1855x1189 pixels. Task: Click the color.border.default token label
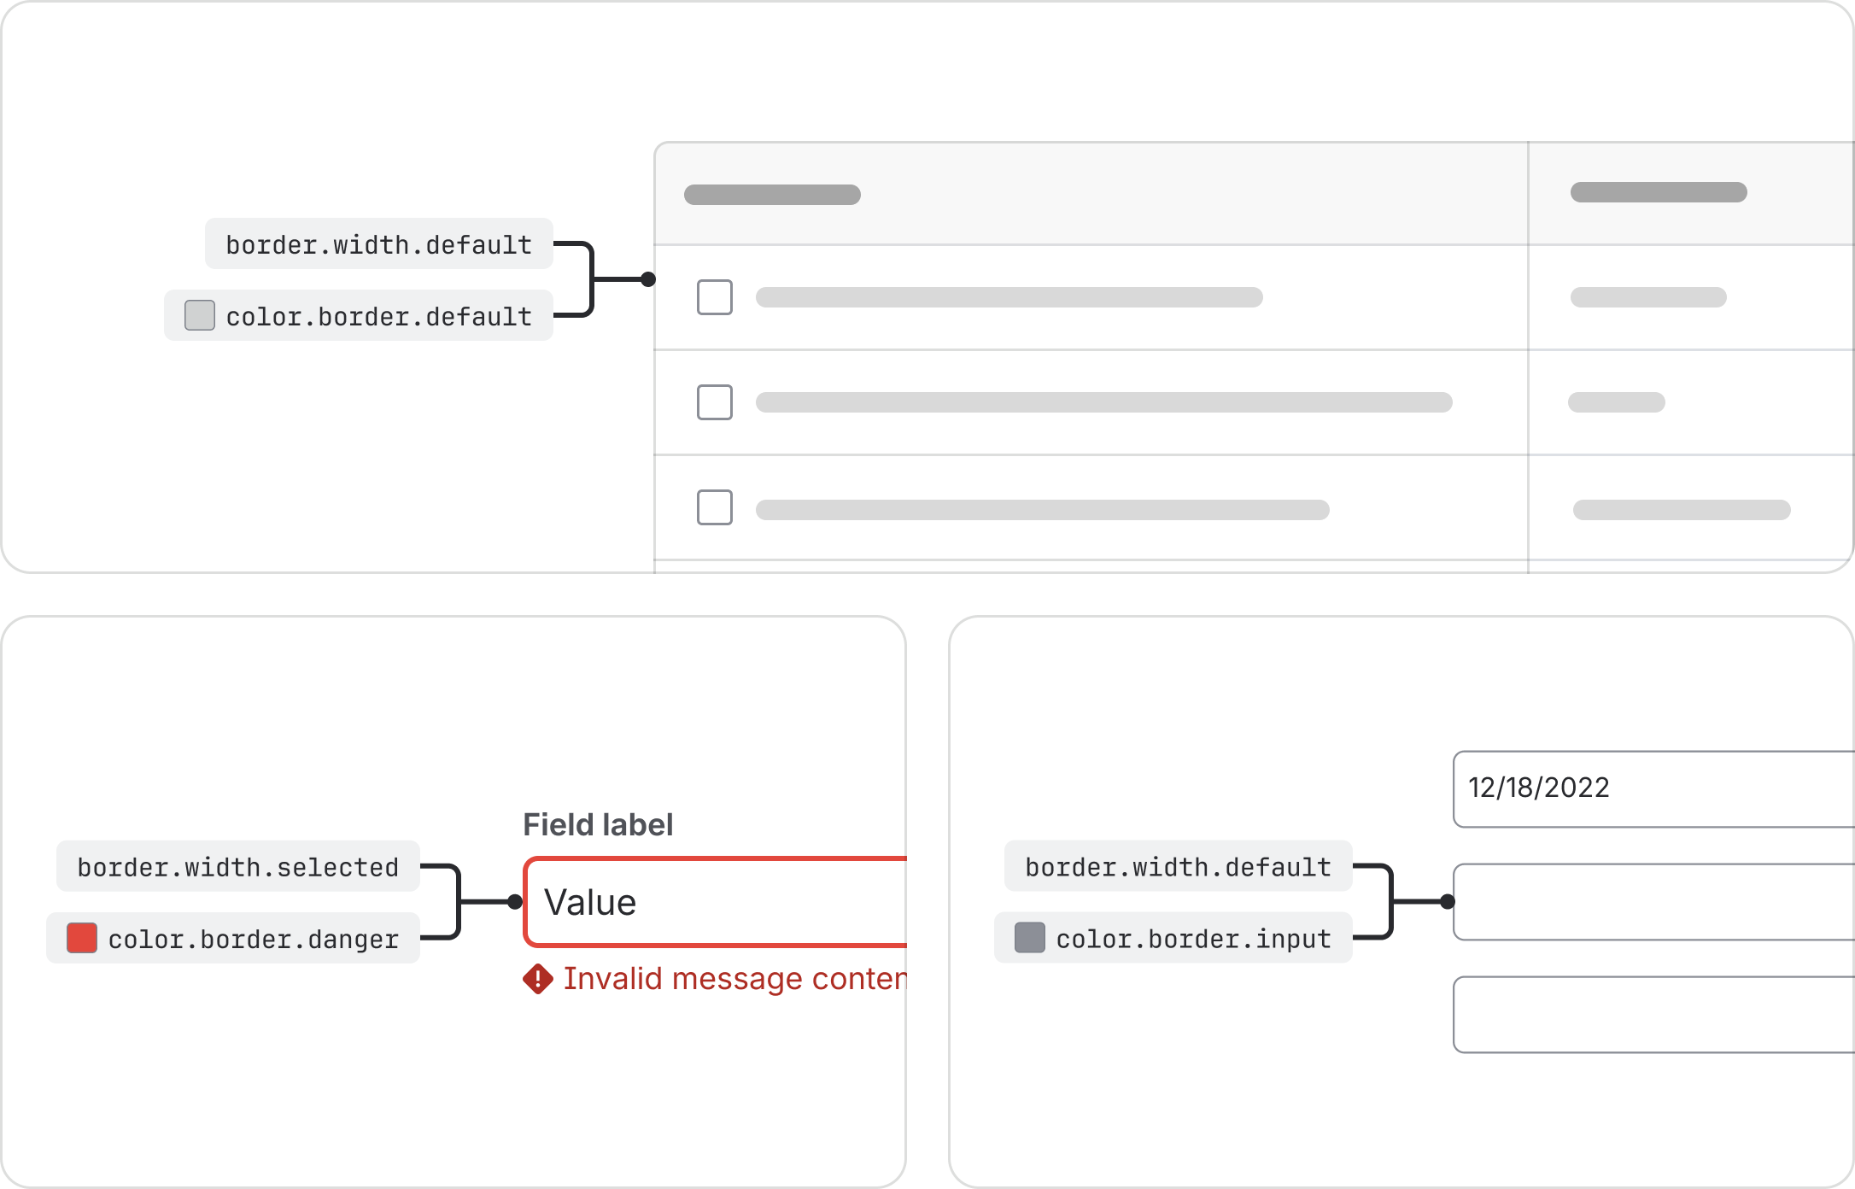(x=359, y=316)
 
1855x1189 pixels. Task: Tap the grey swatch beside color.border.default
(x=200, y=315)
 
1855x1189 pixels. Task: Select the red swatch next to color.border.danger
(x=82, y=938)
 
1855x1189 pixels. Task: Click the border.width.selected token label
(x=238, y=867)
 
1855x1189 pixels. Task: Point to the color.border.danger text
(x=254, y=939)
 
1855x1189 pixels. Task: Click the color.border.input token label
(x=1173, y=938)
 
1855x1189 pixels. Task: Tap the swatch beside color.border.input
(x=1030, y=938)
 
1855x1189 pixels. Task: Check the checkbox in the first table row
(x=715, y=297)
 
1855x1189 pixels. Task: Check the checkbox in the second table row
(x=715, y=402)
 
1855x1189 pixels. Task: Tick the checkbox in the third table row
(x=715, y=507)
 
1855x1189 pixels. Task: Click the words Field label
(x=598, y=825)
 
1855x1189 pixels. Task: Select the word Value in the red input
(x=590, y=903)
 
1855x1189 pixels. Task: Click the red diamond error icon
(x=538, y=979)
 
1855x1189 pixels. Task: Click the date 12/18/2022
(x=1539, y=788)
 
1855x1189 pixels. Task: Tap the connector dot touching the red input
(x=515, y=902)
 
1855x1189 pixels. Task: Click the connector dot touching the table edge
(x=648, y=279)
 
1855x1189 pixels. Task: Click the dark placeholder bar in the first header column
(x=772, y=195)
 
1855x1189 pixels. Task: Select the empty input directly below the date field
(x=1653, y=902)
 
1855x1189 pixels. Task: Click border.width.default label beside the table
(x=379, y=244)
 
